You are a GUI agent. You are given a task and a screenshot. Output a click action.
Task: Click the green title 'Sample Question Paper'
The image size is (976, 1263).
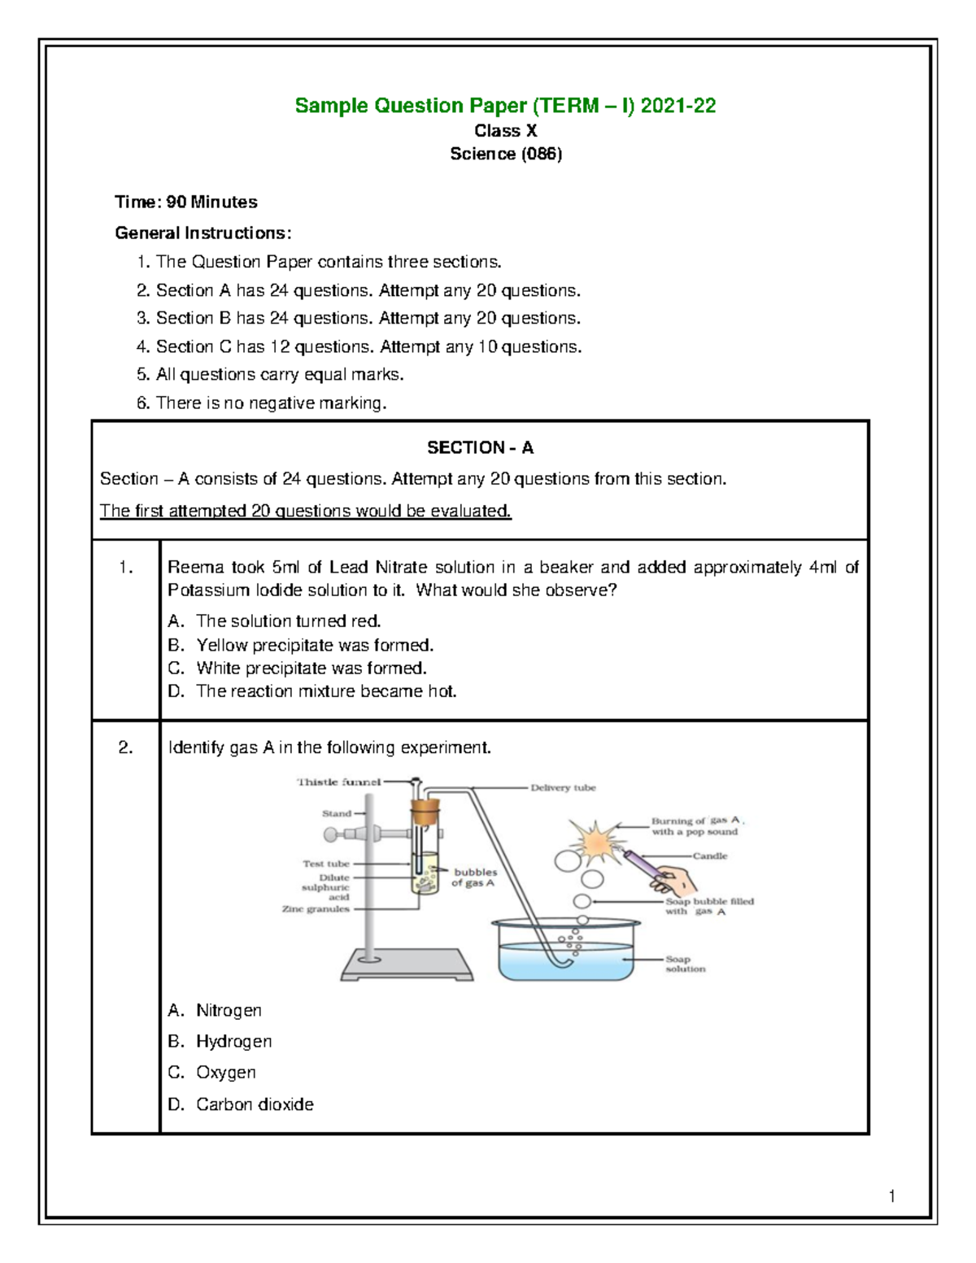coord(504,106)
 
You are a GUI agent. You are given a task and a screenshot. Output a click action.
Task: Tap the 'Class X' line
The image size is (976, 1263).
coord(505,131)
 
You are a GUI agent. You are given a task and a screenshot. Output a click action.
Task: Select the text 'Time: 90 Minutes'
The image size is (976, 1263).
coord(186,202)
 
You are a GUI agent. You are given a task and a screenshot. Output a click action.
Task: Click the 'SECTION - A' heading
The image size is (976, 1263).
coord(480,447)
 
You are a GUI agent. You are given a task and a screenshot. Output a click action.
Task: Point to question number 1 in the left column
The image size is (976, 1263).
coord(125,568)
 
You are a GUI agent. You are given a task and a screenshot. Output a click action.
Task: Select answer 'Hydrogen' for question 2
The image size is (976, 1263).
coord(233,1041)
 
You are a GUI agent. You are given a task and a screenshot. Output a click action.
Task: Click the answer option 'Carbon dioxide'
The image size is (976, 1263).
coord(254,1104)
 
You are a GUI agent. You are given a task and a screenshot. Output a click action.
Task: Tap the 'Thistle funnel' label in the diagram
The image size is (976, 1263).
coord(338,782)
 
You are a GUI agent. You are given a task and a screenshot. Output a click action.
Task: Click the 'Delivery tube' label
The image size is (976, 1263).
coord(563,788)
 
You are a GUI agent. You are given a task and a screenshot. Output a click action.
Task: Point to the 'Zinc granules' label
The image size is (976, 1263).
coord(316,909)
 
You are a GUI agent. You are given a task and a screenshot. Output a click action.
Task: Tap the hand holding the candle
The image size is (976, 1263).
coord(677,881)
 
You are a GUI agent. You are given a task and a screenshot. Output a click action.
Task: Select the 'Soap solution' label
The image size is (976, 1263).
coord(685,965)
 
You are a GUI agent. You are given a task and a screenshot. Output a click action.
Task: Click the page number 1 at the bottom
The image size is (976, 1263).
coord(892,1195)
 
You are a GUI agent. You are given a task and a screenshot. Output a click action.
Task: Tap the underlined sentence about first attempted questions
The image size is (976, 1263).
coord(305,512)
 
